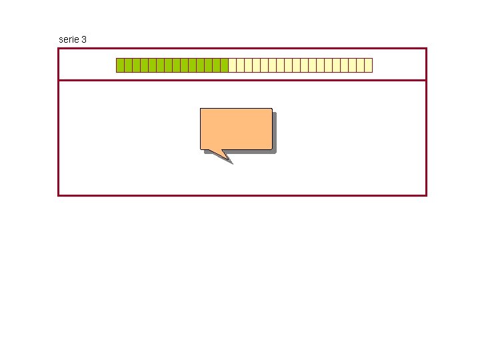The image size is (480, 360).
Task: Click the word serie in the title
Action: tap(68, 39)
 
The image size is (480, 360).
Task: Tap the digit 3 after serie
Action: tap(83, 39)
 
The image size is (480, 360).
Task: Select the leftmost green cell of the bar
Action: tap(120, 65)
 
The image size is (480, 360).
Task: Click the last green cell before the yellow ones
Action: tap(225, 65)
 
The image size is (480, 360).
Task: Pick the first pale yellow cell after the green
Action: tap(233, 65)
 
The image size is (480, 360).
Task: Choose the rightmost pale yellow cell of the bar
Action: tap(369, 65)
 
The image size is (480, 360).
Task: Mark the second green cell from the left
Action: tap(128, 65)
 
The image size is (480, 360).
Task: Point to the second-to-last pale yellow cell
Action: tap(361, 65)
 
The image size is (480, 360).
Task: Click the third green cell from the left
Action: tap(136, 65)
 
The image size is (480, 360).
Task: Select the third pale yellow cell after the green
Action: tap(249, 65)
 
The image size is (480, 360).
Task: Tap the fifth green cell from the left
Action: tap(152, 65)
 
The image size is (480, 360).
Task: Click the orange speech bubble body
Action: tap(236, 128)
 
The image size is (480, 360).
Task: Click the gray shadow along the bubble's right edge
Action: tap(275, 133)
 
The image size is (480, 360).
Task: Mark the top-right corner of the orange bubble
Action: tap(271, 109)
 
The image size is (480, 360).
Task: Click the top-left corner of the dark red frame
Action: tap(59, 49)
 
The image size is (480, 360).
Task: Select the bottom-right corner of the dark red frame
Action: tap(425, 195)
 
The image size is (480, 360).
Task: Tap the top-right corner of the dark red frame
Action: tap(425, 49)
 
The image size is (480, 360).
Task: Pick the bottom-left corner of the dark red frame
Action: tap(59, 195)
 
